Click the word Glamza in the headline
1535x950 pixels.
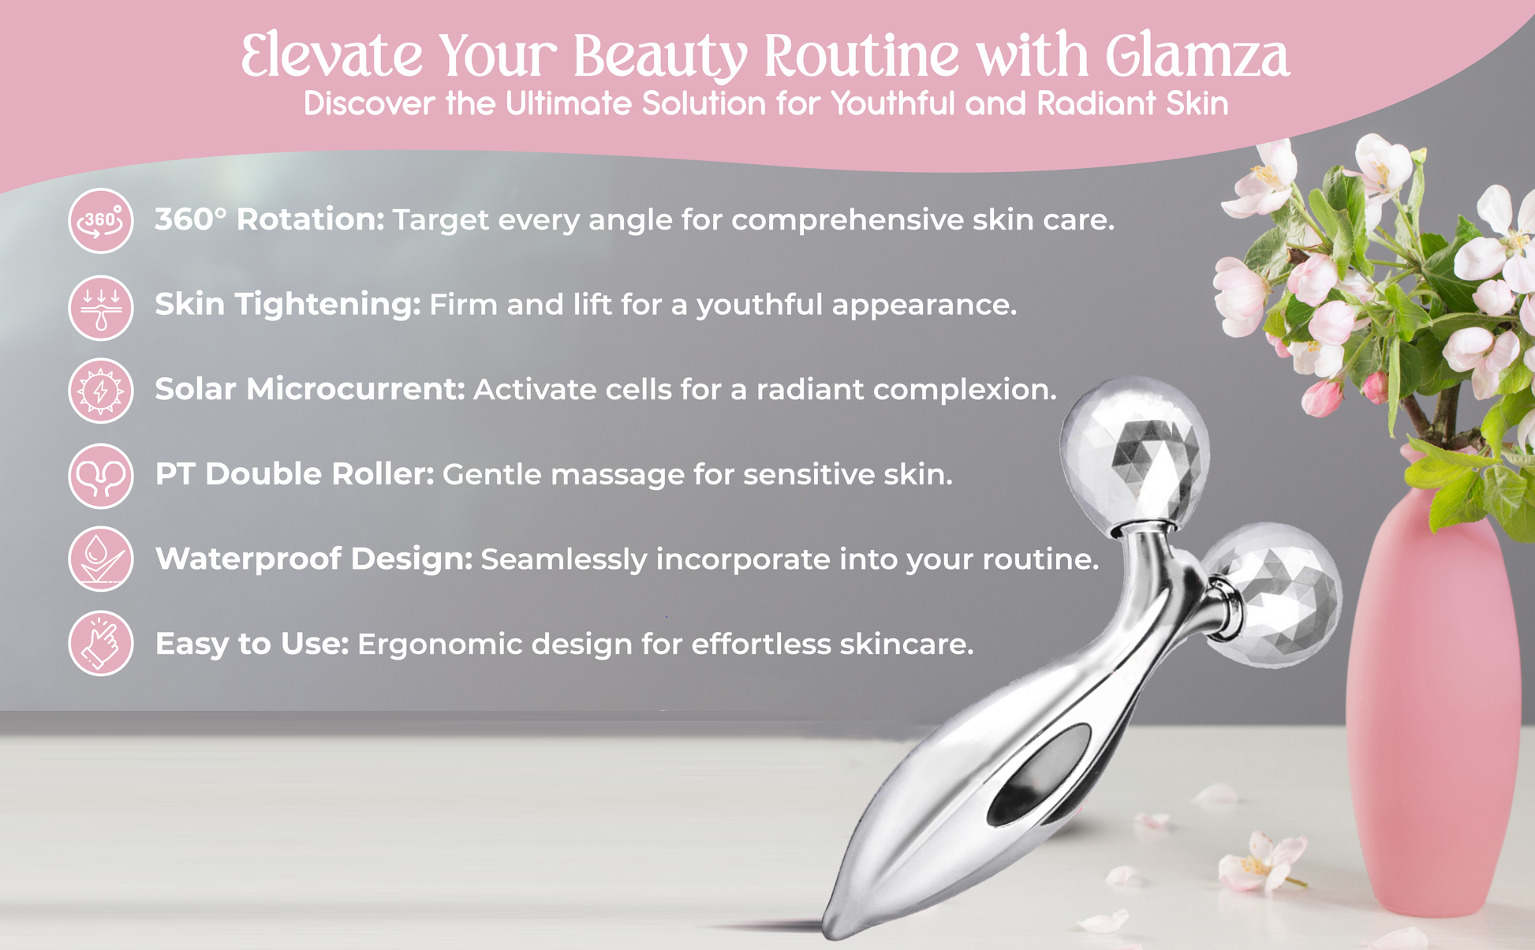[1197, 57]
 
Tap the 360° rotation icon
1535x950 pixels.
[101, 221]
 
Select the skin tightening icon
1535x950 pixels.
[101, 308]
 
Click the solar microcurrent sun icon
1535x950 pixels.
[101, 391]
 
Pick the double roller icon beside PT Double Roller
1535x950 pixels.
[101, 476]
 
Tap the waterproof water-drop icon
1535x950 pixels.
[101, 559]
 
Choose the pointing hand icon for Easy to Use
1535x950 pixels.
[101, 643]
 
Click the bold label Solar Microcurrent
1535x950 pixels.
[310, 389]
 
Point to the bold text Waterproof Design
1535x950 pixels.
[314, 559]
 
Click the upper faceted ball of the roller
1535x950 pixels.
[1134, 454]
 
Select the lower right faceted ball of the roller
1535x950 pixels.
[1272, 596]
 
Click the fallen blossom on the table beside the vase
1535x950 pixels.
[1257, 864]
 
